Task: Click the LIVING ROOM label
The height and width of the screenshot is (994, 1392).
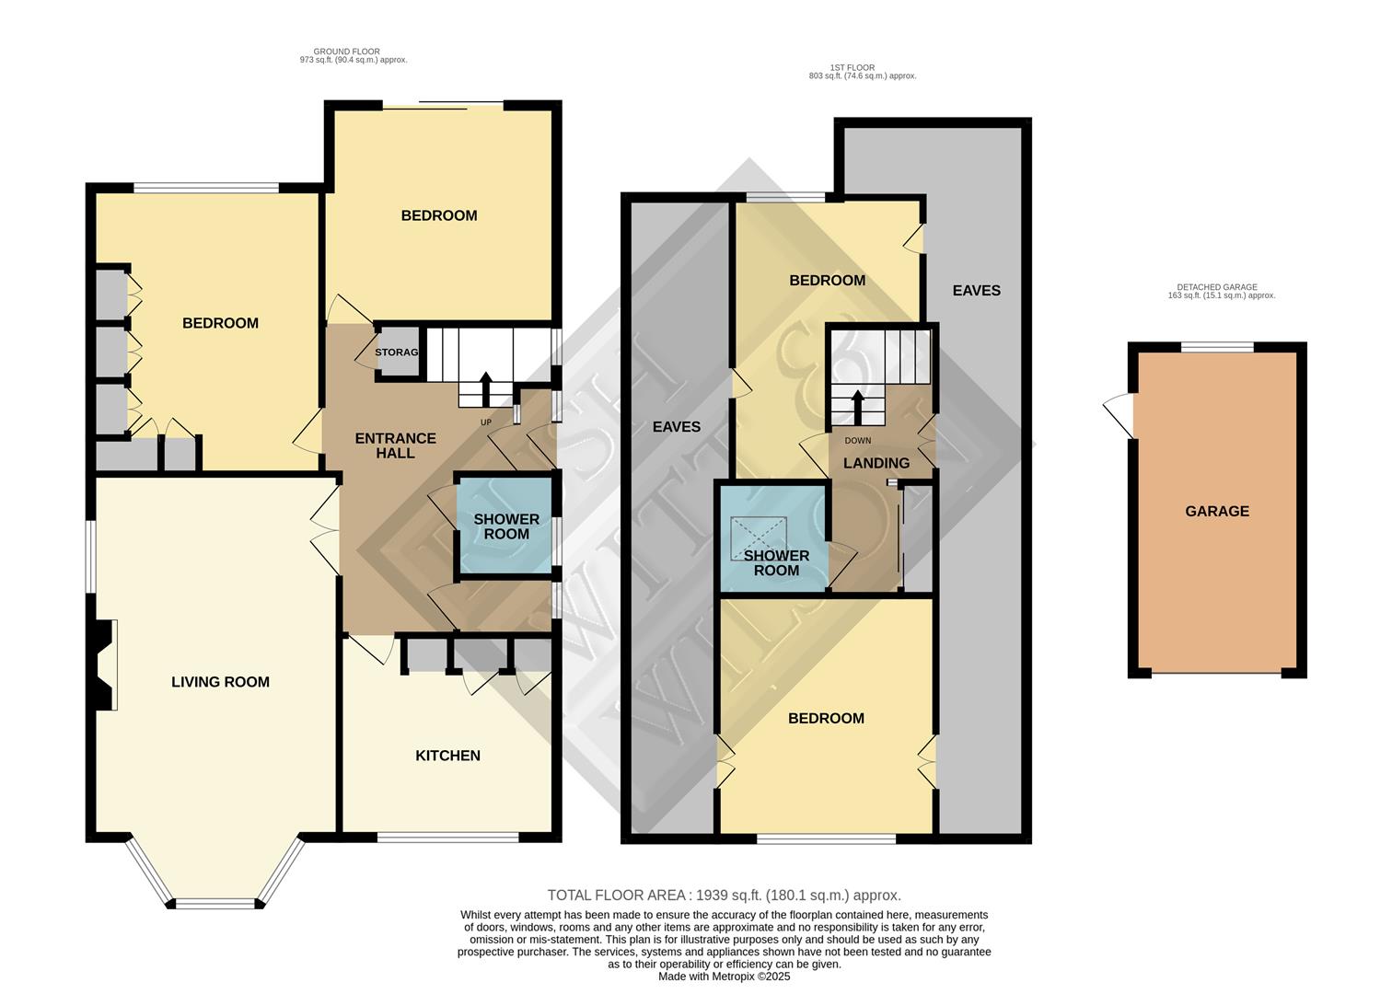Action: [220, 682]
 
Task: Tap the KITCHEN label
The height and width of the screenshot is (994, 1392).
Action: [447, 756]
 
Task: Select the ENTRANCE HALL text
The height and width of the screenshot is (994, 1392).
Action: [395, 445]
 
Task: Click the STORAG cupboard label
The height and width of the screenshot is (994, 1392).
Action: [397, 353]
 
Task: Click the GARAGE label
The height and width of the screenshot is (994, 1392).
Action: [1216, 512]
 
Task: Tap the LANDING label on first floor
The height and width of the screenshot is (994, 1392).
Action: [876, 463]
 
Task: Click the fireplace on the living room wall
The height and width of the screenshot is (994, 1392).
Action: [104, 665]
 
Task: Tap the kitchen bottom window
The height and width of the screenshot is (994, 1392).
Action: [447, 838]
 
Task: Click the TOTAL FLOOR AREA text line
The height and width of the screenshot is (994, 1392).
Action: [724, 895]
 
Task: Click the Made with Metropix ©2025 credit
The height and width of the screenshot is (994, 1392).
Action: [724, 977]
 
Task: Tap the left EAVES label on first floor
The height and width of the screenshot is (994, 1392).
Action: [676, 427]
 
